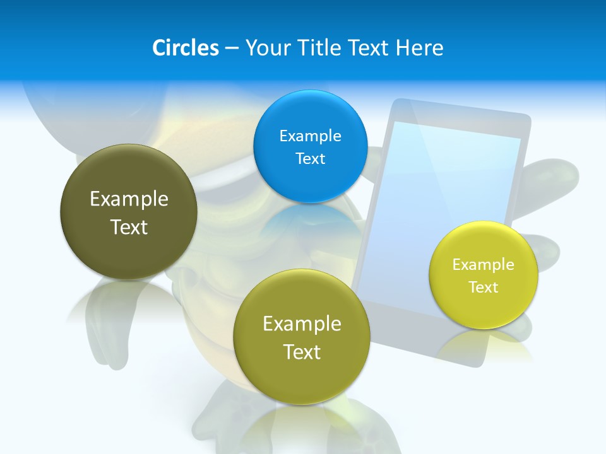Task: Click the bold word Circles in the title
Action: pyautogui.click(x=185, y=47)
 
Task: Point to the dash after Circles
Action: pyautogui.click(x=232, y=49)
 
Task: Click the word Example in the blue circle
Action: pyautogui.click(x=310, y=136)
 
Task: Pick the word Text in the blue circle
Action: pyautogui.click(x=310, y=159)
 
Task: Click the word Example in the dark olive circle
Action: pyautogui.click(x=129, y=199)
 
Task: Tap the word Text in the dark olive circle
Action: pyautogui.click(x=129, y=227)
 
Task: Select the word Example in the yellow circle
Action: pyautogui.click(x=484, y=265)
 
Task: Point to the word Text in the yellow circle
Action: pyautogui.click(x=484, y=288)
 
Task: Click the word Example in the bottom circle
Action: pyautogui.click(x=302, y=324)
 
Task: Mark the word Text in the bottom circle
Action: pyautogui.click(x=302, y=352)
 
